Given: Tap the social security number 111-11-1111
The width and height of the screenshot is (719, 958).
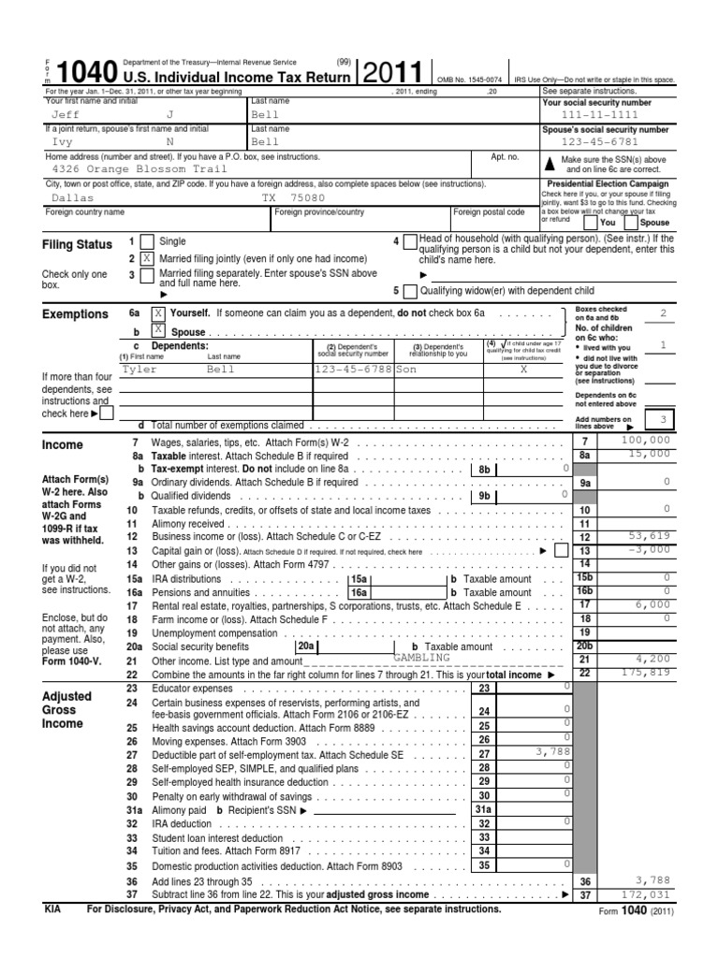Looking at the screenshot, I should (607, 114).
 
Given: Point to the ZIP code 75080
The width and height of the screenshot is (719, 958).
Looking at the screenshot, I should (306, 198).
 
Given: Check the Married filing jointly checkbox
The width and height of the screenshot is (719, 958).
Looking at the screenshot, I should (146, 257).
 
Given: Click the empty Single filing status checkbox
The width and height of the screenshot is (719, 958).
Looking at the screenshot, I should (146, 241).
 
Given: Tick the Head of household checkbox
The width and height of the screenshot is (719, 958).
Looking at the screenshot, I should (410, 241).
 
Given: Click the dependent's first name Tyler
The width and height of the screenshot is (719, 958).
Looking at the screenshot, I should (139, 370).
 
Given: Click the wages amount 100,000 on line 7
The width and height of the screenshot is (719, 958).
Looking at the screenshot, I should (645, 440).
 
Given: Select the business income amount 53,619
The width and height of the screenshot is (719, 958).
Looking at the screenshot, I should (652, 537).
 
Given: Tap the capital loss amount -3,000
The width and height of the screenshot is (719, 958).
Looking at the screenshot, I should (652, 550).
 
